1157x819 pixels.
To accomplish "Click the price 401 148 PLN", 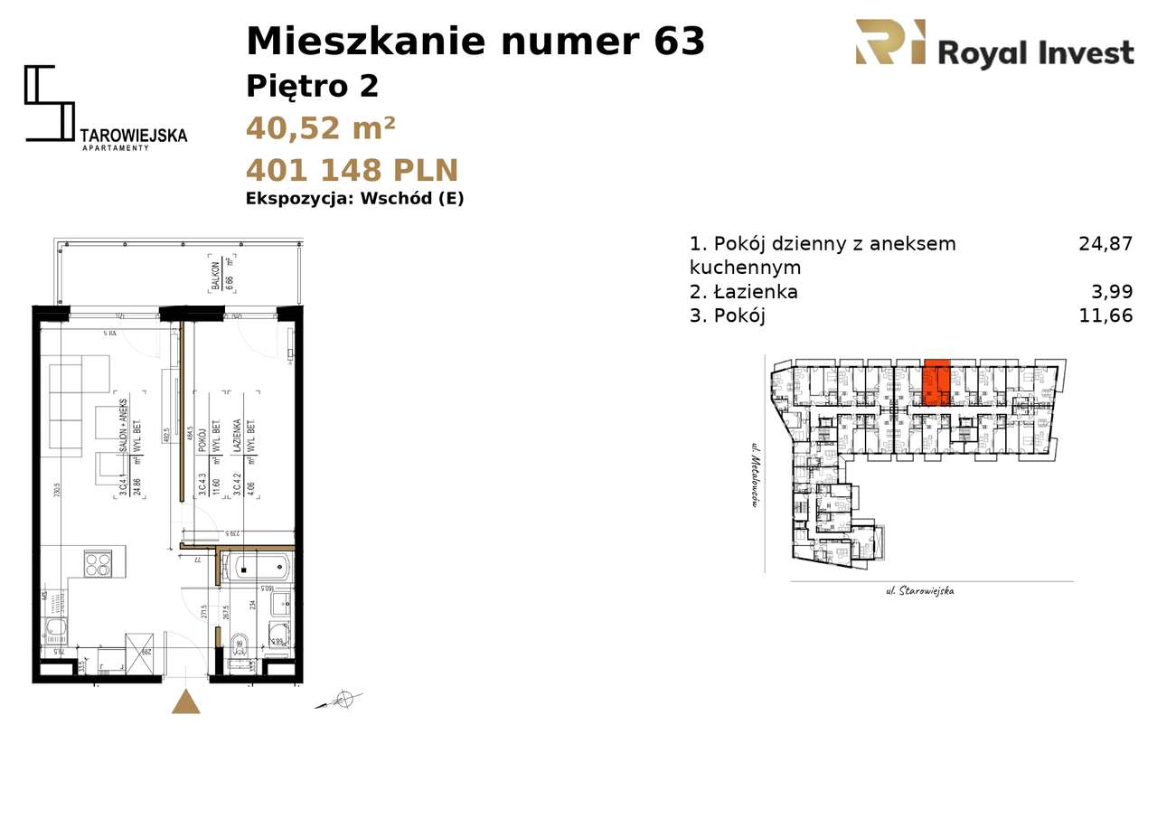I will [x=352, y=170].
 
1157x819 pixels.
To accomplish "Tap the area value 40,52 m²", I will [x=320, y=128].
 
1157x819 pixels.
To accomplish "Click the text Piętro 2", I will [x=312, y=87].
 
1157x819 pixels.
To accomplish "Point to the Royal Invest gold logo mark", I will [x=889, y=42].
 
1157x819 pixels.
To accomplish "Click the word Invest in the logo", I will [x=1082, y=54].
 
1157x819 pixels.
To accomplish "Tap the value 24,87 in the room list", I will [x=1105, y=243].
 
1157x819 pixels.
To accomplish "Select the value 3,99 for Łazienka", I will [x=1113, y=292].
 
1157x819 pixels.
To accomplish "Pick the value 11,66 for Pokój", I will [x=1105, y=315].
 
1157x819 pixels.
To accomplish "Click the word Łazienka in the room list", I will [x=756, y=292].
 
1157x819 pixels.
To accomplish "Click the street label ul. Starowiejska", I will [x=919, y=591].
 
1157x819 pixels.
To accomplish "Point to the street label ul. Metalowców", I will [x=752, y=475].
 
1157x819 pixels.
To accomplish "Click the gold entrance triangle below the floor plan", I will [x=186, y=702].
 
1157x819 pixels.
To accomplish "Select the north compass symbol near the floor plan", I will [x=343, y=698].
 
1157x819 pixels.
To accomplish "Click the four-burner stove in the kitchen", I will [x=98, y=564].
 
